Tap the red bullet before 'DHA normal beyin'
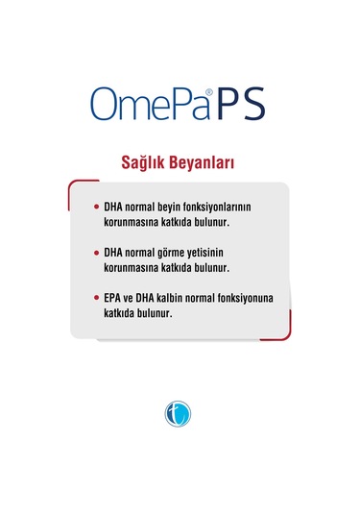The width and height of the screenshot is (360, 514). click(x=96, y=207)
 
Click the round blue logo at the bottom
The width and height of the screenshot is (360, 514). click(x=180, y=414)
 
